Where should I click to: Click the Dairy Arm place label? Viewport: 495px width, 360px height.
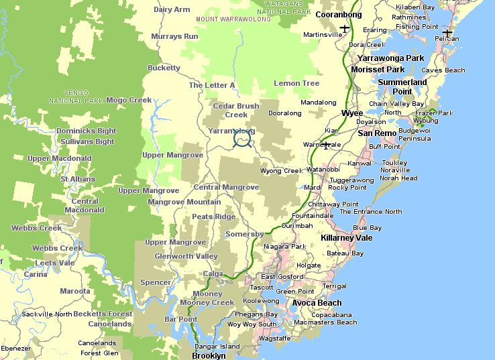click(x=172, y=9)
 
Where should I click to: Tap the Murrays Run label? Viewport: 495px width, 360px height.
click(x=174, y=36)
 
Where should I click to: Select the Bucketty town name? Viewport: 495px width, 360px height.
click(x=164, y=68)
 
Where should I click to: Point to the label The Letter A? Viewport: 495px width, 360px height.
click(x=212, y=85)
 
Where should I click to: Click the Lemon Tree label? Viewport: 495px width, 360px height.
click(x=296, y=83)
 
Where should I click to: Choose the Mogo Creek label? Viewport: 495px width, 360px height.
click(x=129, y=100)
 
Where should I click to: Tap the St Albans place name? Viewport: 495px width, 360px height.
click(x=78, y=179)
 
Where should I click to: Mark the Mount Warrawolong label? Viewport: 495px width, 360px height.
click(x=233, y=19)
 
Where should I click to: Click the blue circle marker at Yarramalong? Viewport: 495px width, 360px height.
click(x=242, y=139)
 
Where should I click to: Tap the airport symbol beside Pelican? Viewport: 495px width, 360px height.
click(x=447, y=32)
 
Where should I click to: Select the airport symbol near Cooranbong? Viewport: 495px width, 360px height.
click(x=345, y=28)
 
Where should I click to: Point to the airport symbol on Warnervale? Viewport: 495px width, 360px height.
click(x=326, y=145)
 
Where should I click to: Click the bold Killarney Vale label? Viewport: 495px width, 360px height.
click(x=346, y=238)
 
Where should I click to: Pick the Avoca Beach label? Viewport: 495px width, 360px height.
click(x=317, y=303)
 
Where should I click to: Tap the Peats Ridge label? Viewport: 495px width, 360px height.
click(x=213, y=217)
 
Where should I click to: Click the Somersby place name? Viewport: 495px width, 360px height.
click(x=245, y=233)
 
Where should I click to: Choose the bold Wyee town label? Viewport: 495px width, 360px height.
click(x=352, y=113)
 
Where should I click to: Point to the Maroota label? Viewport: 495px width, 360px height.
click(x=74, y=291)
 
